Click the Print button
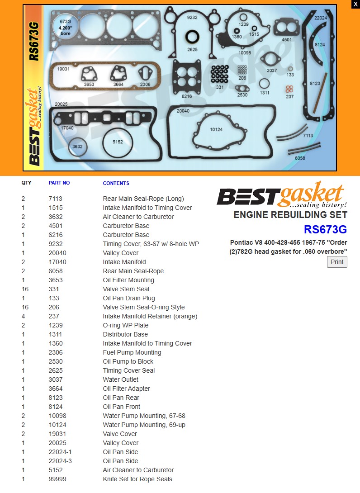pos(337,262)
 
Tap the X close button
pos(355,4)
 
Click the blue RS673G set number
pos(325,229)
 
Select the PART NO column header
pos(59,183)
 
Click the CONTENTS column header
pos(116,183)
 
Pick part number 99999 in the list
pos(57,479)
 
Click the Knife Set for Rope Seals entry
pos(137,479)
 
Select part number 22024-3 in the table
pos(60,461)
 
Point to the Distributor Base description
pos(125,334)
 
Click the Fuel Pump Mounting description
pos(132,352)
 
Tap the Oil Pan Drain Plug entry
pos(129,298)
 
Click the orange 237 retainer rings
pos(289,89)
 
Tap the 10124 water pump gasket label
pos(216,129)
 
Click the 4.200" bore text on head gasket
pos(66,30)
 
